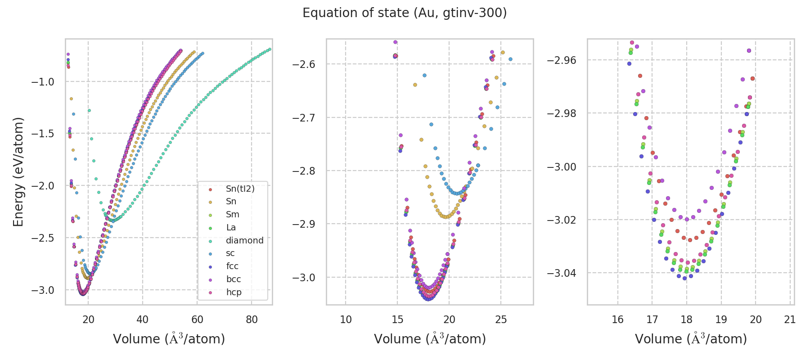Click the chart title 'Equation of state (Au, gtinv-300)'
coord(405,13)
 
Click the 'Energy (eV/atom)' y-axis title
coord(18,172)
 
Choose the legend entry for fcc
coord(232,266)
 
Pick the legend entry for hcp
coord(234,292)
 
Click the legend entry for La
coord(231,227)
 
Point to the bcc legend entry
coord(234,279)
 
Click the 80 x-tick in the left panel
coord(252,319)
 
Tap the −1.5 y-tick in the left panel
coord(43,134)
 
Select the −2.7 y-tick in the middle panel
coord(304,117)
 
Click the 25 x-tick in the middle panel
coord(501,319)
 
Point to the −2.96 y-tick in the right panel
coord(561,60)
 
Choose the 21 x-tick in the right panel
coord(790,319)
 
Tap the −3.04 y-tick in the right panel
coord(561,273)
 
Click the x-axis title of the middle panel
coord(430,338)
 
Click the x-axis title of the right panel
coord(691,338)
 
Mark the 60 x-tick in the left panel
coord(197,319)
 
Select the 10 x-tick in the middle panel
coord(346,319)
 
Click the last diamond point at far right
coord(270,49)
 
